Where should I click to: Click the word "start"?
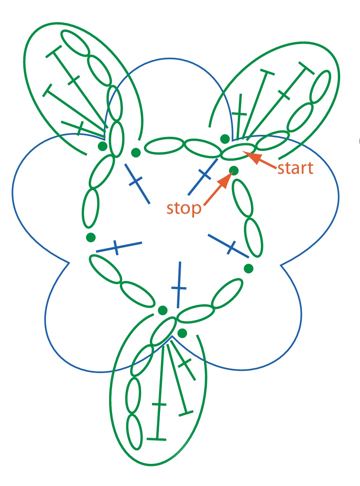pos(295,169)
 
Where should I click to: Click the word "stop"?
pos(184,209)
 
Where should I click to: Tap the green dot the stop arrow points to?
pos(234,170)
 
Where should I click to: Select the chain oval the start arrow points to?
pos(238,151)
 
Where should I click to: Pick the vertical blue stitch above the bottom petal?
pos(179,285)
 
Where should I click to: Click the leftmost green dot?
pos(91,237)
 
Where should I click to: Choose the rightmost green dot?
pos(248,268)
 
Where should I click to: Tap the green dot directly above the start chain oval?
pos(225,139)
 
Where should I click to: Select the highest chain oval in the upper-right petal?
pos(321,87)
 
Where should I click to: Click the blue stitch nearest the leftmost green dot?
pos(119,248)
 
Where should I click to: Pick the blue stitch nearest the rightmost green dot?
pos(228,246)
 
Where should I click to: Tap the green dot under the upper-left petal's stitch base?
pos(103,146)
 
